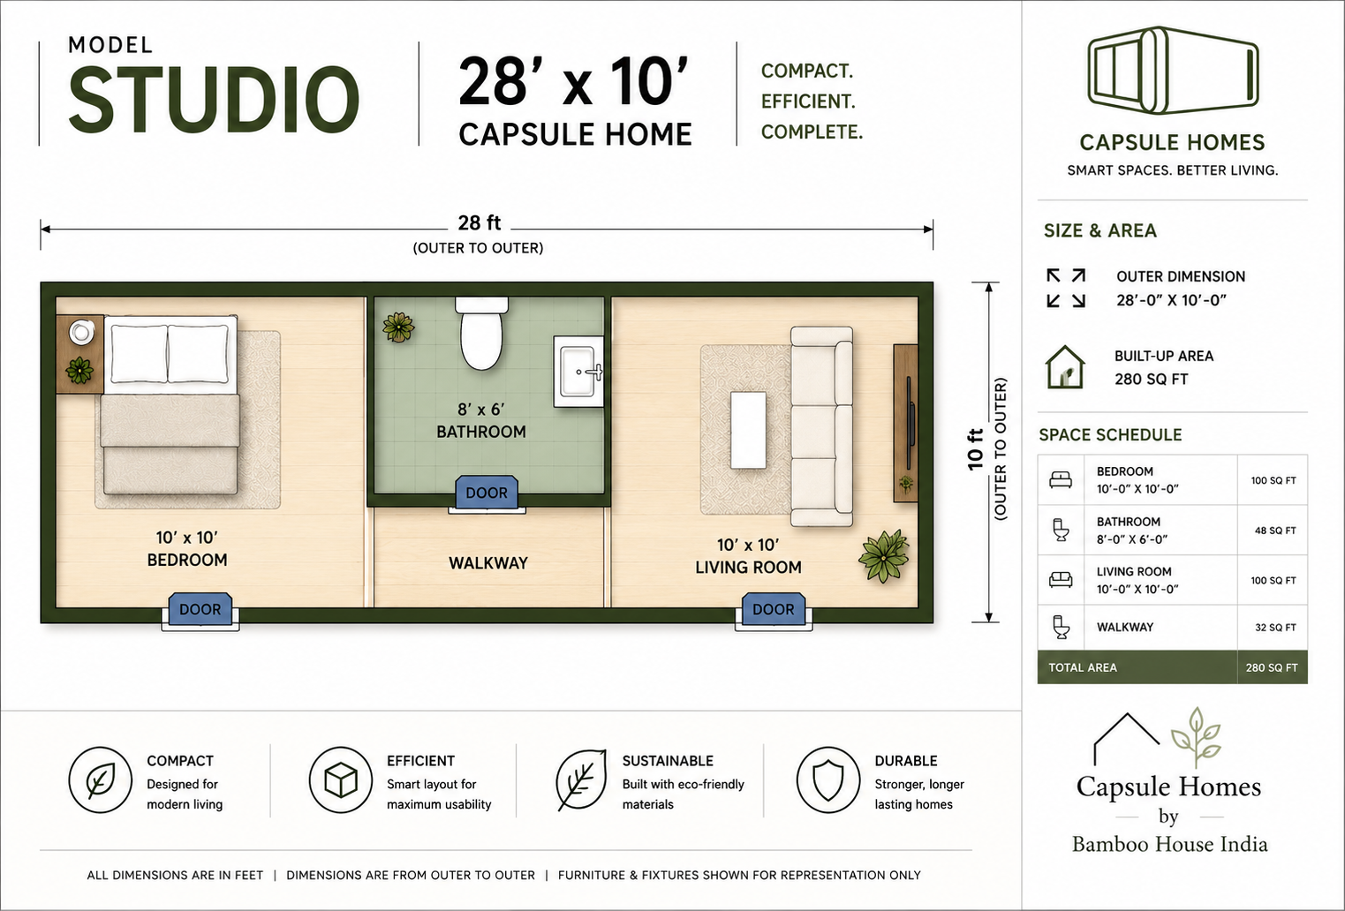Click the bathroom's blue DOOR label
coord(487,492)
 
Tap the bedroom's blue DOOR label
coord(200,609)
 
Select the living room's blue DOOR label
coord(774,609)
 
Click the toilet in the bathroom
coord(481,334)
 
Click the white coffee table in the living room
coord(748,430)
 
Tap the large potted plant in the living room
coord(884,556)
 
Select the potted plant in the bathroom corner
coord(398,328)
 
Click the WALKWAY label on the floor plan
coord(488,563)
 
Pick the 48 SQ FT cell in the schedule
coord(1274,531)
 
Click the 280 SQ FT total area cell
coord(1272,667)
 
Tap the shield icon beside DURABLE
coord(828,779)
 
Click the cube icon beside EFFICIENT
coord(341,779)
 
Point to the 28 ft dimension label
coord(480,223)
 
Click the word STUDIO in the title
coord(214,100)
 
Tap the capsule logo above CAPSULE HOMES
coord(1173,71)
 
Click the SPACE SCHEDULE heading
coord(1110,434)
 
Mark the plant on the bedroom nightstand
coord(79,370)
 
